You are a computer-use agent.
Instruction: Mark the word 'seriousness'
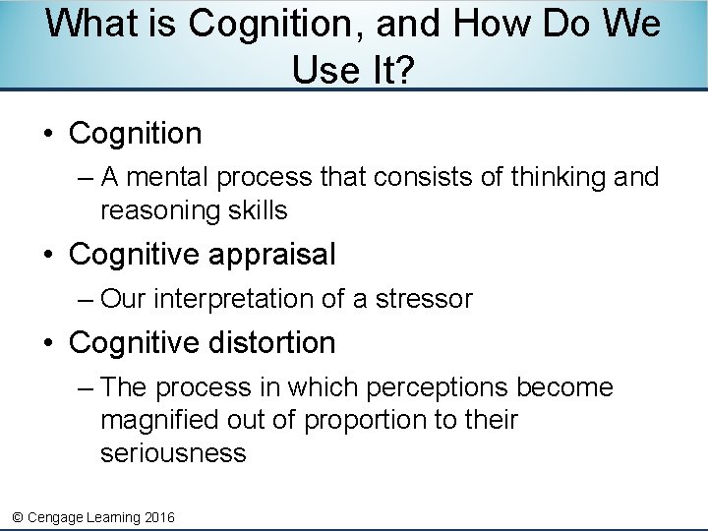(173, 452)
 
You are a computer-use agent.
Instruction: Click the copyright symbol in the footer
(16, 516)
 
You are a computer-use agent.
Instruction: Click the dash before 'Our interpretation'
(86, 298)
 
